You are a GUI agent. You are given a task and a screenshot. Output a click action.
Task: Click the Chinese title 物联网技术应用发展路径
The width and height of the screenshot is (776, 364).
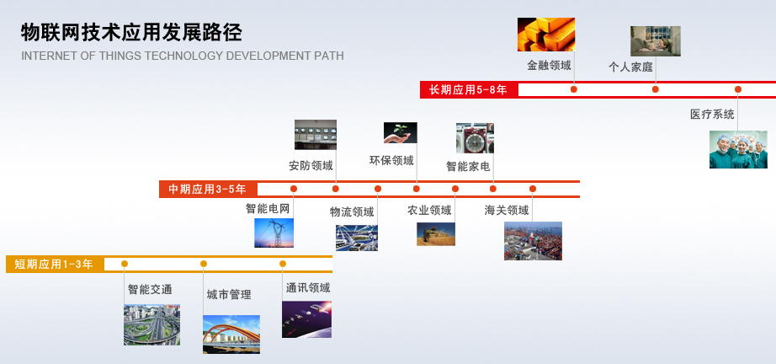click(131, 33)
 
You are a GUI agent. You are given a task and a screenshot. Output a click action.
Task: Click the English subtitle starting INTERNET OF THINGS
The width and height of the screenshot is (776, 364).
click(182, 56)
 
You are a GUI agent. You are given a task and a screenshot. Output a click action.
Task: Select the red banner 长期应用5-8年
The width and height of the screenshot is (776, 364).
click(469, 89)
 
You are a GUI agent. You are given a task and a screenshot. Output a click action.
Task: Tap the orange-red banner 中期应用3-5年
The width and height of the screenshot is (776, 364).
click(208, 190)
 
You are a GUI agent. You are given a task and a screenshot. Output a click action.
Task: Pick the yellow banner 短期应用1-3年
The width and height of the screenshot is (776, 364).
click(55, 264)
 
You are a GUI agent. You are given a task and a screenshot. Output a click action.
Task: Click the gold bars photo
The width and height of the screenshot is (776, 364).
click(546, 35)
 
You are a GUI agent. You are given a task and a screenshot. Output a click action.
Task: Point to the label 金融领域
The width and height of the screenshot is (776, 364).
click(549, 65)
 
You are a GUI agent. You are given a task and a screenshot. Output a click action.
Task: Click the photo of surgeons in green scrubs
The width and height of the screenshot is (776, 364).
click(738, 149)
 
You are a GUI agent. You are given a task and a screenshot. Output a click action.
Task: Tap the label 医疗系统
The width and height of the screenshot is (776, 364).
click(712, 115)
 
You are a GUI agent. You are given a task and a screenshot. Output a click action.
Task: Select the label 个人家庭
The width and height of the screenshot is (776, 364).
click(630, 67)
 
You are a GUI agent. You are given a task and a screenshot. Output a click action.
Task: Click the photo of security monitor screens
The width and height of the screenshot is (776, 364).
click(316, 134)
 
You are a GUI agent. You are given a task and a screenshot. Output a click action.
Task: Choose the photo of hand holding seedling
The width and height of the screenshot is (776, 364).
click(400, 133)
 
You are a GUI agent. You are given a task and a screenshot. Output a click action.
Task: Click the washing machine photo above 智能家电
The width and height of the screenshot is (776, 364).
click(475, 138)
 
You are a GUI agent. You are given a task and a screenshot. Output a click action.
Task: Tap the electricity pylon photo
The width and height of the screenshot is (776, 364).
click(274, 233)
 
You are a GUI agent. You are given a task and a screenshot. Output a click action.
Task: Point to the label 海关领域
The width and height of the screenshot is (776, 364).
click(507, 211)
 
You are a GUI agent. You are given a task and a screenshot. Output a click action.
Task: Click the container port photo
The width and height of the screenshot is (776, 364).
click(533, 241)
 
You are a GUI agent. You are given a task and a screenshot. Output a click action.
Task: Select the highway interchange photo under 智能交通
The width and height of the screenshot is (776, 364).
click(151, 325)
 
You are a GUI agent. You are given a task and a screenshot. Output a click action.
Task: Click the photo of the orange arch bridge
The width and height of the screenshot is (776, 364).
click(231, 335)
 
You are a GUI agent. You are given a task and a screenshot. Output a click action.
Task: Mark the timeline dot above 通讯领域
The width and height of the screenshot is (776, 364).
click(283, 264)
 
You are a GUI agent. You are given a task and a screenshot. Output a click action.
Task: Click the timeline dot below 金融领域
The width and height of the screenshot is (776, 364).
click(574, 89)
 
